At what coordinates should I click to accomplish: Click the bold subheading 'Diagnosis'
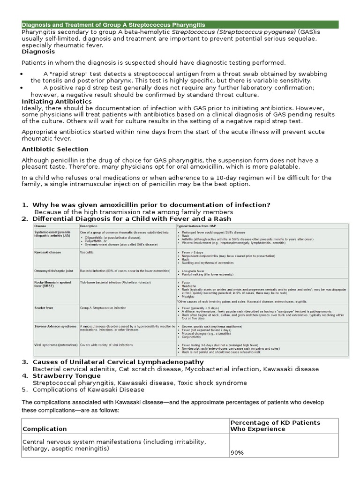pyautogui.click(x=38, y=52)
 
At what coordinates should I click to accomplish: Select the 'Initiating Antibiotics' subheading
pyautogui.click(x=57, y=101)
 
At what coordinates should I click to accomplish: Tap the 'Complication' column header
pyautogui.click(x=45, y=429)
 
